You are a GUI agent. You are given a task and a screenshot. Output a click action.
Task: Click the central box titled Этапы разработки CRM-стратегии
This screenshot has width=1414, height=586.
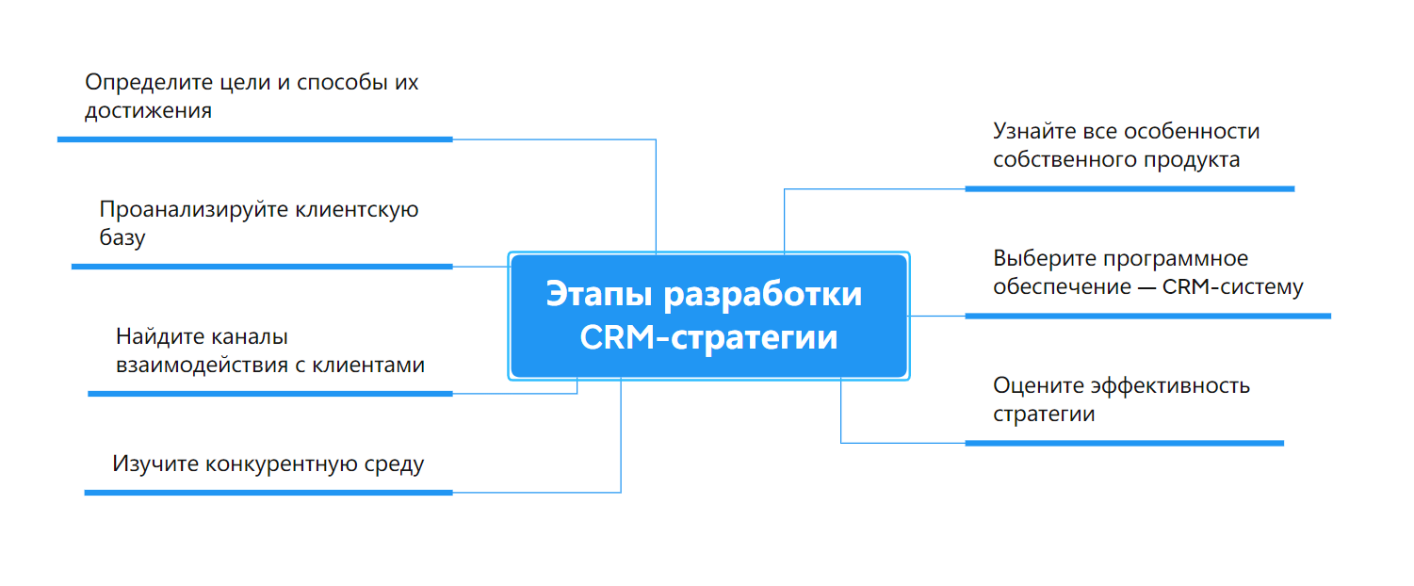[708, 317]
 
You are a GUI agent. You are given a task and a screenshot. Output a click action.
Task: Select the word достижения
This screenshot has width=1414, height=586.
[148, 111]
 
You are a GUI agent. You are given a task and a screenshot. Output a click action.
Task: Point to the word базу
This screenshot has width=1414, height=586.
[122, 238]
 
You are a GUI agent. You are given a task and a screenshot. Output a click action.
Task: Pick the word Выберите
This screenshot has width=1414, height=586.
[1041, 259]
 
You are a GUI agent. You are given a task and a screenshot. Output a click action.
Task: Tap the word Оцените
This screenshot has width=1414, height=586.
[1036, 385]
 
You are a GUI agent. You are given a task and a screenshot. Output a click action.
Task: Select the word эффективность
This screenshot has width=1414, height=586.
[1169, 385]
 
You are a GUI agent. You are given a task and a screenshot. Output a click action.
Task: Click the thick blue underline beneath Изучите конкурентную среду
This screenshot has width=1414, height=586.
[268, 493]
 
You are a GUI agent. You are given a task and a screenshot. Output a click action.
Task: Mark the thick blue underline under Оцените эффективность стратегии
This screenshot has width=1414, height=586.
[1124, 443]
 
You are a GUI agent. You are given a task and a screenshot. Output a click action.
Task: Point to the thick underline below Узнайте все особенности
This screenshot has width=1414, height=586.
[1130, 189]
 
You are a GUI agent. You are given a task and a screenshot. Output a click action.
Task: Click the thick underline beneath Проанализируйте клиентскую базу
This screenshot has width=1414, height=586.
[262, 267]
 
